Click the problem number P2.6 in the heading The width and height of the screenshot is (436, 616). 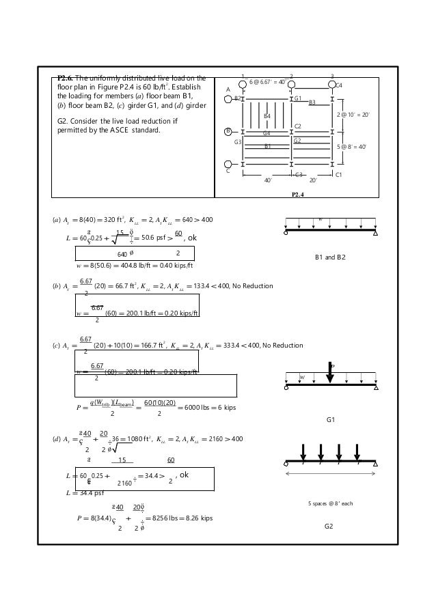click(x=69, y=77)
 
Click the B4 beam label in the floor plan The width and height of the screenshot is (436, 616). click(x=267, y=117)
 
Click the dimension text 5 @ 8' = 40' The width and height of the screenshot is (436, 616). click(x=355, y=146)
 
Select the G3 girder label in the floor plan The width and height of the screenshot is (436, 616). click(x=238, y=141)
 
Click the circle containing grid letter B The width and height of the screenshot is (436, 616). click(x=229, y=131)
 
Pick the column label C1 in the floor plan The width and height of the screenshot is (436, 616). click(x=339, y=175)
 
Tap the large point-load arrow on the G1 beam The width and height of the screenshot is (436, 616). click(x=330, y=373)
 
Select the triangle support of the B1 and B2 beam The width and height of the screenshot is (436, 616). click(x=376, y=233)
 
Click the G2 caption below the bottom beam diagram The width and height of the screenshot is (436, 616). click(x=330, y=527)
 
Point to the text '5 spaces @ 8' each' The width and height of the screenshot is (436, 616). click(x=329, y=503)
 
